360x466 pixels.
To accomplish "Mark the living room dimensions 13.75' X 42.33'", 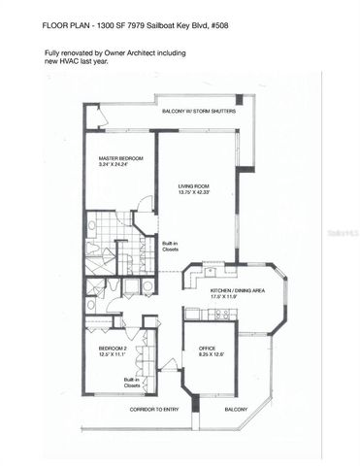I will click(196, 192).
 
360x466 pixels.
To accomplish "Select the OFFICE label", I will click(207, 349).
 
